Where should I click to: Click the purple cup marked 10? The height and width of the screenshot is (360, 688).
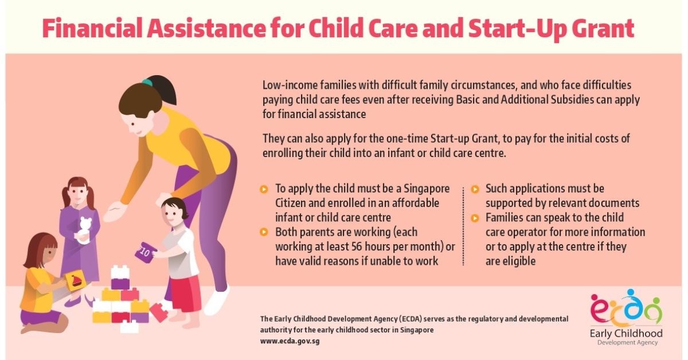145,251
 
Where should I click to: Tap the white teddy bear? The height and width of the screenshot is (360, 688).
85,229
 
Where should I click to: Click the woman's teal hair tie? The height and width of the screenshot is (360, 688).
147,83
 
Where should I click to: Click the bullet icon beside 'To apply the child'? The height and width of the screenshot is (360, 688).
264,189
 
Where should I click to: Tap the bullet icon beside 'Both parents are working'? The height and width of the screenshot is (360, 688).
264,232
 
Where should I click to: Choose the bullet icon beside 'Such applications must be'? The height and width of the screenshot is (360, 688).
475,189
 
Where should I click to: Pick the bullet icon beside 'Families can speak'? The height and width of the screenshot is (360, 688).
475,218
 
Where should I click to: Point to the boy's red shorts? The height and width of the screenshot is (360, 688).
186,292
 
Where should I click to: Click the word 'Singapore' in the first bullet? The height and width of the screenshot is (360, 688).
427,189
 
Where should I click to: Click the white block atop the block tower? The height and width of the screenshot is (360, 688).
120,271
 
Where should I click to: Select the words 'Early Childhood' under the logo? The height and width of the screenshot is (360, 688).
626,333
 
